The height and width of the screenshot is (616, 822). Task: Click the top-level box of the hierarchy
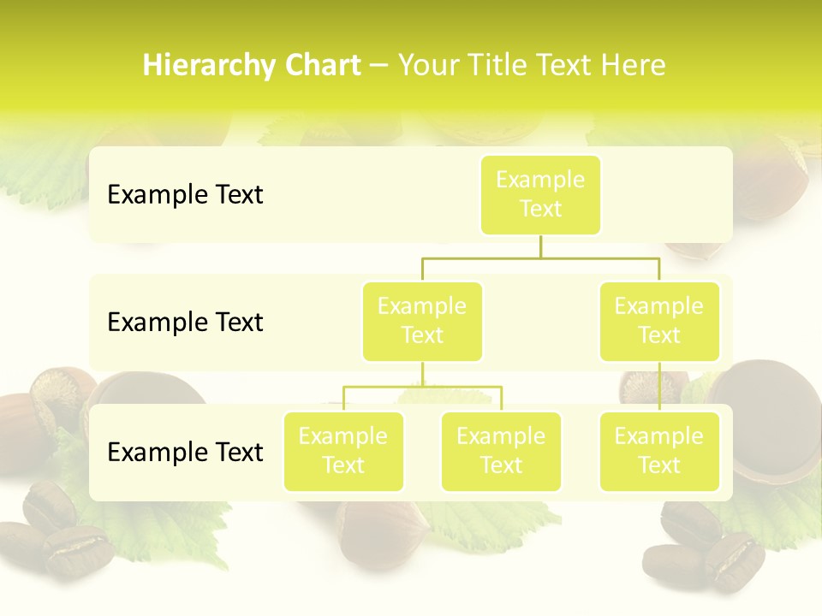[540, 195]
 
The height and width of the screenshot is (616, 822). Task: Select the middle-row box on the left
[422, 322]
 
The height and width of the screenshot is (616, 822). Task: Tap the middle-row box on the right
[659, 322]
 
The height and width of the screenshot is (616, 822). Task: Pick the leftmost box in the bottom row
[343, 452]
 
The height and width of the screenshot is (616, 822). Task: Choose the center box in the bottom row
[501, 452]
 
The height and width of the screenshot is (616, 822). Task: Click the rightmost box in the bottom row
[659, 452]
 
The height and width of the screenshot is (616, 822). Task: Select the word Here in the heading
[634, 66]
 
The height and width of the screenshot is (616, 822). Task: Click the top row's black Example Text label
[185, 195]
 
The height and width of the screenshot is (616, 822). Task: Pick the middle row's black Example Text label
[185, 323]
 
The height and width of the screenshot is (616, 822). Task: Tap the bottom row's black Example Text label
[185, 452]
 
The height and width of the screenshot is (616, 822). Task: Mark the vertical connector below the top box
[540, 246]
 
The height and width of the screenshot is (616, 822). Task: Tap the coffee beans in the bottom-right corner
[702, 548]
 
